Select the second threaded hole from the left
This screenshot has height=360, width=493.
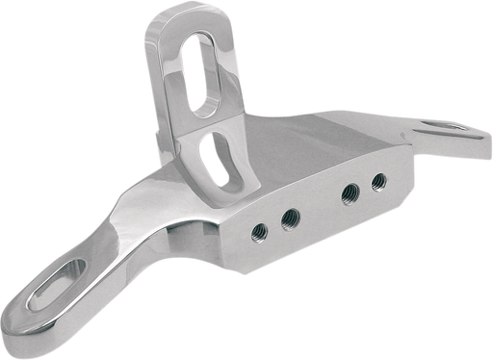tap(288, 220)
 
